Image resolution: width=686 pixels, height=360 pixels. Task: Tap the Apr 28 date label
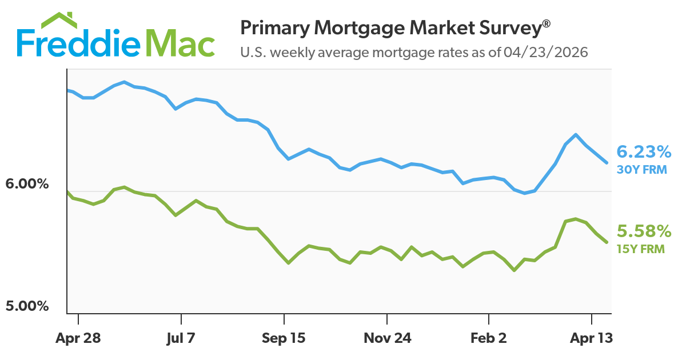(x=78, y=338)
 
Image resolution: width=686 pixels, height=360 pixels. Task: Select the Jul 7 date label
(x=181, y=338)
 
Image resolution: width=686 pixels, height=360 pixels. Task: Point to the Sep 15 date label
(x=284, y=338)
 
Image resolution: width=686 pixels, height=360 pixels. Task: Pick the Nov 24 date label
(x=387, y=338)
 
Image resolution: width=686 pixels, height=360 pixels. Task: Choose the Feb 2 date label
(x=489, y=338)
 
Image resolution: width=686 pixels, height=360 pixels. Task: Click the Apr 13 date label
(x=591, y=338)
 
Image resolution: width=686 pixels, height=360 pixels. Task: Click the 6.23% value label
(x=644, y=152)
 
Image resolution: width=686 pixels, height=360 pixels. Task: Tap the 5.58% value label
(x=644, y=231)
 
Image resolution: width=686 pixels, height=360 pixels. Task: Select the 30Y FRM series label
(x=642, y=169)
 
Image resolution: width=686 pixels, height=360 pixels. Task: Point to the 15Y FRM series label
(x=641, y=249)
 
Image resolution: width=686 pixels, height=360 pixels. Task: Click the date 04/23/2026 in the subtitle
(x=547, y=53)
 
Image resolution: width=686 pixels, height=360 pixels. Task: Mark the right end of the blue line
(x=607, y=162)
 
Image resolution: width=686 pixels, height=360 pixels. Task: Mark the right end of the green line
(x=607, y=242)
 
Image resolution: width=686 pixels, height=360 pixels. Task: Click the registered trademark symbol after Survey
(x=547, y=23)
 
